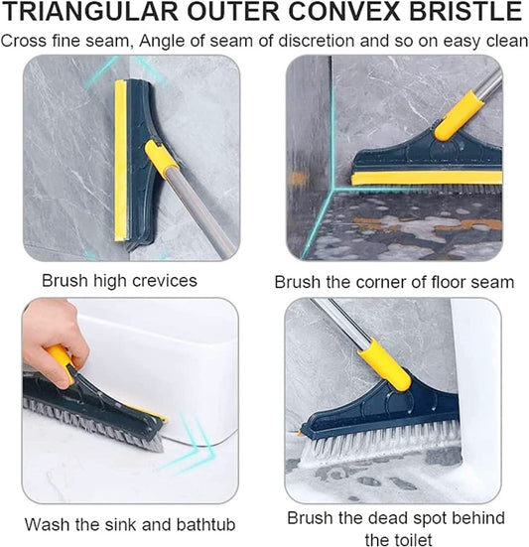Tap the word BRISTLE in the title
pyautogui.click(x=465, y=13)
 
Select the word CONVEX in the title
pyautogui.click(x=342, y=13)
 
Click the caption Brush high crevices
pyautogui.click(x=119, y=281)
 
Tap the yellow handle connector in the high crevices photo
pyautogui.click(x=162, y=159)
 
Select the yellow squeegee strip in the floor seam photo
pyautogui.click(x=427, y=178)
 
